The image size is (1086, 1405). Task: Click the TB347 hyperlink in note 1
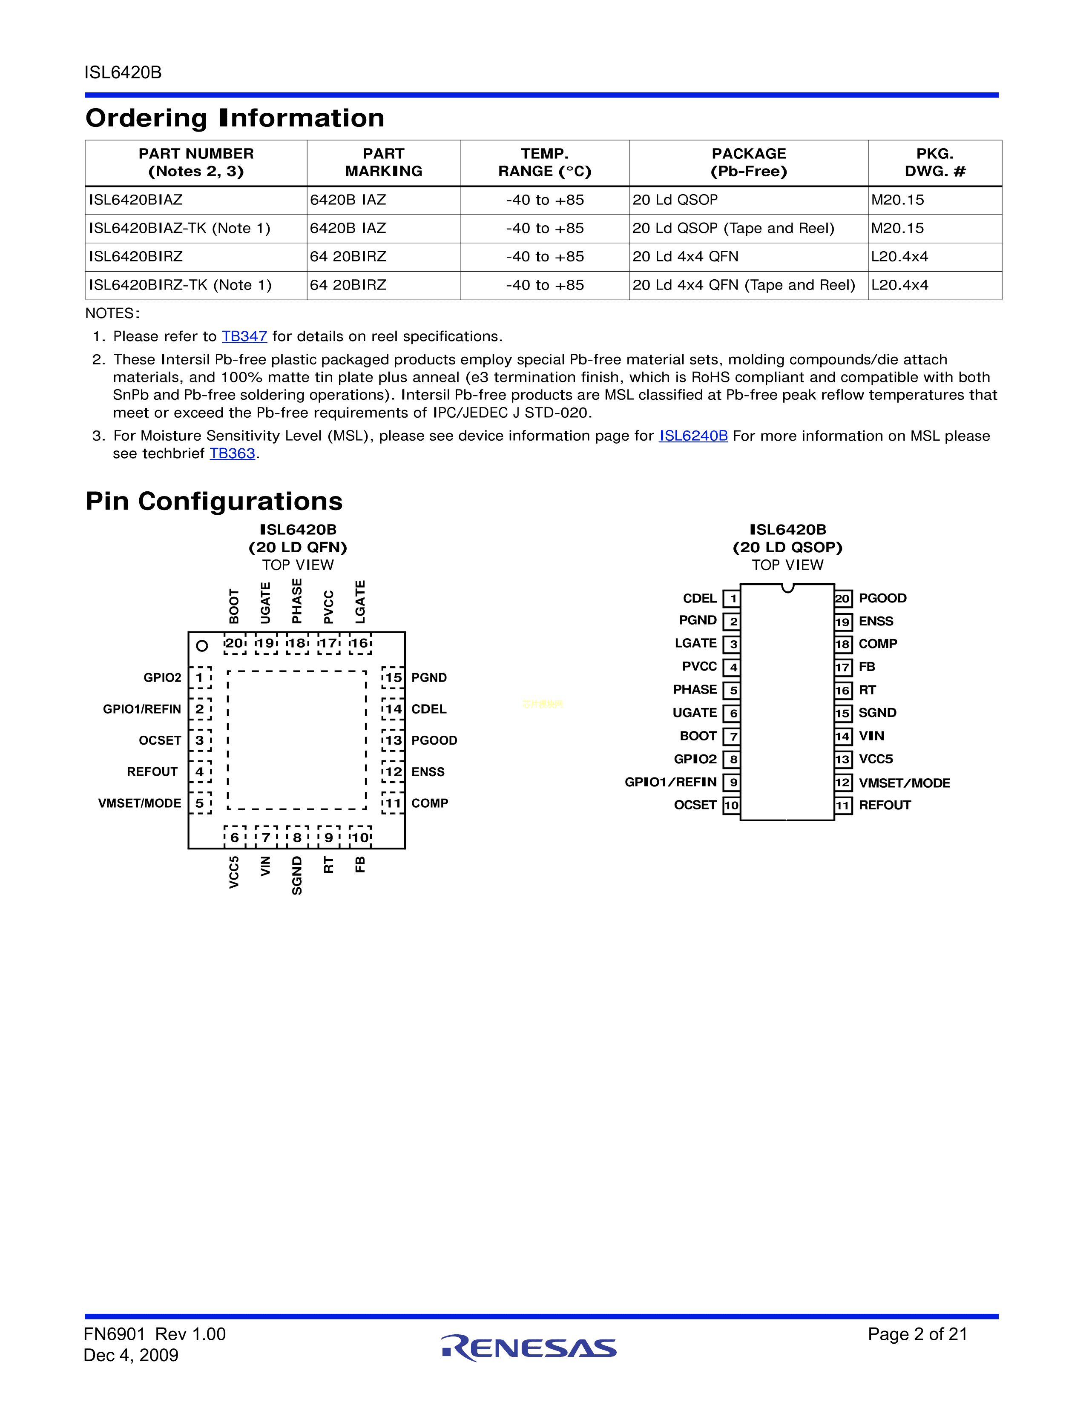tap(244, 336)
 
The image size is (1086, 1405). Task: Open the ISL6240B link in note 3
tap(693, 436)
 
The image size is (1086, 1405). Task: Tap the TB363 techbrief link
tap(232, 453)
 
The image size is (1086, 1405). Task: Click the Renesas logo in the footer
tap(529, 1348)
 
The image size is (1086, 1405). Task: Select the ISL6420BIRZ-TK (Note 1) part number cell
tap(180, 285)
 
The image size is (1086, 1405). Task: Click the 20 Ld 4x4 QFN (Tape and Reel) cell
tap(744, 285)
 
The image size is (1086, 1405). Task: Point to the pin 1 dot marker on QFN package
tap(202, 645)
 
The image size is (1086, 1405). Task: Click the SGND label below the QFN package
tap(296, 875)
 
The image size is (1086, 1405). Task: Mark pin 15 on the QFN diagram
tap(393, 677)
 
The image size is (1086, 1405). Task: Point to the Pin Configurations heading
tap(214, 501)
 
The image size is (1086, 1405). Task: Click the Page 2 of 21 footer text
tap(917, 1334)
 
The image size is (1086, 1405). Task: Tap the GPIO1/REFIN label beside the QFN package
tap(142, 709)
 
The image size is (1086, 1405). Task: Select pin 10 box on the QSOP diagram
tap(732, 806)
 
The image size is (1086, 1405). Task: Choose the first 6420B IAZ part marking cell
tap(348, 200)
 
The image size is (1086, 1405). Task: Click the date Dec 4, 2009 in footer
tap(131, 1356)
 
